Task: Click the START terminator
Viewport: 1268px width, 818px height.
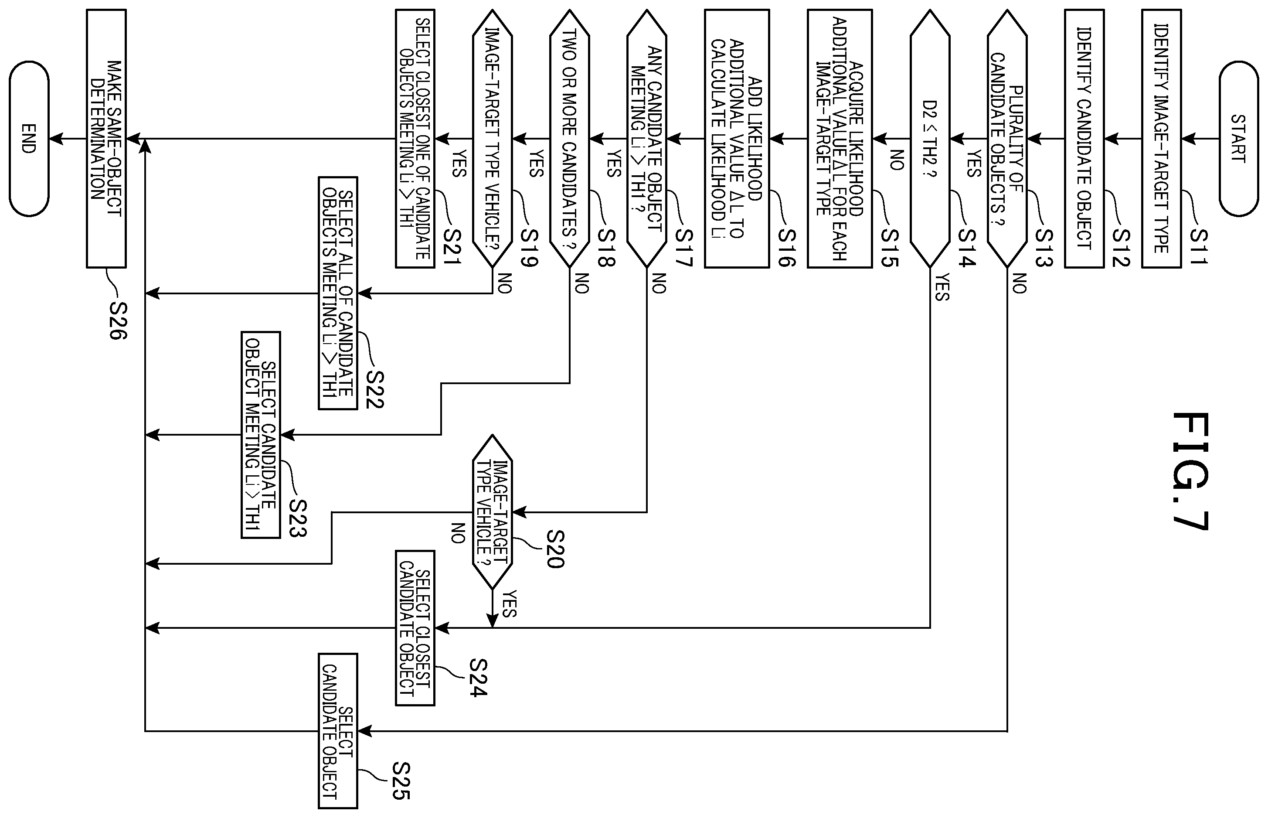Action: pyautogui.click(x=1238, y=139)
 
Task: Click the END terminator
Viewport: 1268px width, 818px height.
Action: pyautogui.click(x=29, y=139)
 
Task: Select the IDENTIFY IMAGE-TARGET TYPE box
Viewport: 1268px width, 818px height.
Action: pyautogui.click(x=1161, y=139)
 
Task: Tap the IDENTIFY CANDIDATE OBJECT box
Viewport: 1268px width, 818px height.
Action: pyautogui.click(x=1084, y=139)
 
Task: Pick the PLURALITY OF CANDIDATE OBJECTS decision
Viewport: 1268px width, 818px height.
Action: pyautogui.click(x=1007, y=139)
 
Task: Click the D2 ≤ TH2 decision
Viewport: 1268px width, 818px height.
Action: pyautogui.click(x=930, y=139)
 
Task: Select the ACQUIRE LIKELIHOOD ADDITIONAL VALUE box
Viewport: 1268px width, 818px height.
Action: pyautogui.click(x=840, y=139)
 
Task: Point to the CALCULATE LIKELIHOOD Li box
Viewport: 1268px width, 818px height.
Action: pyautogui.click(x=737, y=139)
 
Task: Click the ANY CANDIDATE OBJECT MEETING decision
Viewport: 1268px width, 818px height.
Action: pyautogui.click(x=647, y=139)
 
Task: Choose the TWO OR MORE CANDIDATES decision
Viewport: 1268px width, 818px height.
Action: pyautogui.click(x=570, y=139)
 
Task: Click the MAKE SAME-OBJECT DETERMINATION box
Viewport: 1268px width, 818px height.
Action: pyautogui.click(x=106, y=139)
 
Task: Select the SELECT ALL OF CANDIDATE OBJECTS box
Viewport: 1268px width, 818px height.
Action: pyautogui.click(x=338, y=293)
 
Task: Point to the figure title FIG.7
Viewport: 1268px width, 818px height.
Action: pyautogui.click(x=1190, y=471)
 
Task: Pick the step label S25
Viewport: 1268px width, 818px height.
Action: pyautogui.click(x=401, y=781)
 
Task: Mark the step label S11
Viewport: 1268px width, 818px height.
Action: pyautogui.click(x=1198, y=246)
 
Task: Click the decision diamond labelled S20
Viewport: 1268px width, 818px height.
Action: pyautogui.click(x=492, y=512)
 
